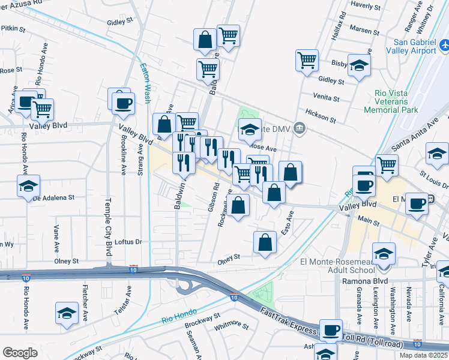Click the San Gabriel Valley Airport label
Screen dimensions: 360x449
[414, 46]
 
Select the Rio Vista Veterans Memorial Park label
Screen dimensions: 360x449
[396, 101]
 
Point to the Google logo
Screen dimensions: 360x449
[20, 353]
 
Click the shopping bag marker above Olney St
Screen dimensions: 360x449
[265, 242]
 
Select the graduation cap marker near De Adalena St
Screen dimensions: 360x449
[28, 186]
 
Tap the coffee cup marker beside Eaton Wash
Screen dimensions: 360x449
[123, 103]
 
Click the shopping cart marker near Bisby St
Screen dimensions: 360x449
[307, 60]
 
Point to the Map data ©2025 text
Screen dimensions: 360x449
[423, 355]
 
